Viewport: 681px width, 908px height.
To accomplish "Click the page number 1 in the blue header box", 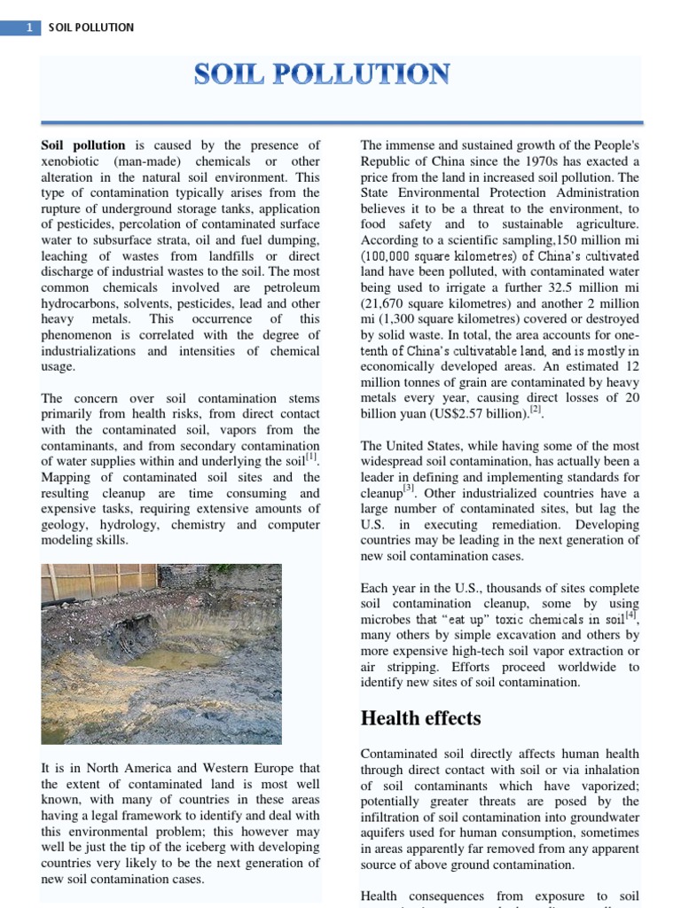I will (x=30, y=27).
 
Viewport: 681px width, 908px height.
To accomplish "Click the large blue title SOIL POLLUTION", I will (x=322, y=74).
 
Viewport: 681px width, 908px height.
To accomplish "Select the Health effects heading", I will (x=420, y=718).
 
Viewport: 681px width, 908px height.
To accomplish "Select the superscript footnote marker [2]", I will (x=535, y=411).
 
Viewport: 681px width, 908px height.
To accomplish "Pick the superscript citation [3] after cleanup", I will (x=409, y=489).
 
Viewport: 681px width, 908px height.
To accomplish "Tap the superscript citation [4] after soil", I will (x=630, y=615).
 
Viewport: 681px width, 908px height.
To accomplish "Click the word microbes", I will (x=388, y=619).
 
